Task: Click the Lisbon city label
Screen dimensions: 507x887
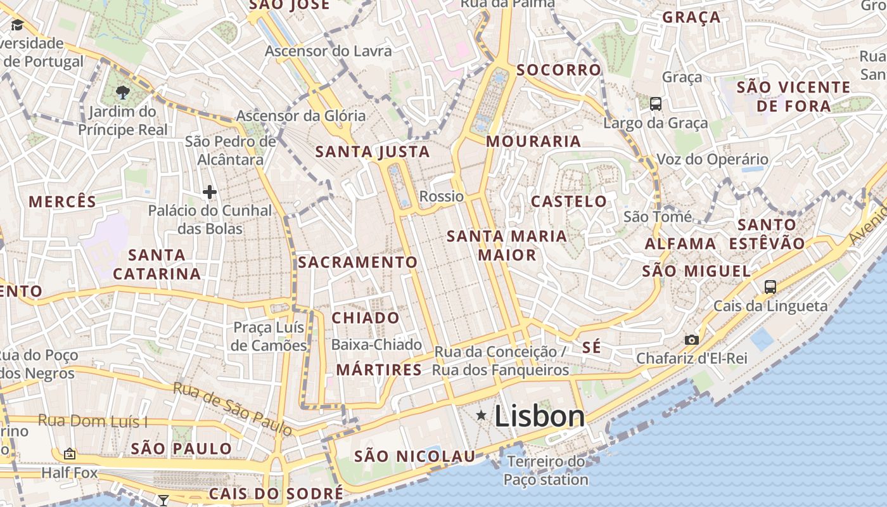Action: click(539, 416)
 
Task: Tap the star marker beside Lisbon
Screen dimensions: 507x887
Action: click(482, 415)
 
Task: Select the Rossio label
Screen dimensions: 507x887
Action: click(442, 196)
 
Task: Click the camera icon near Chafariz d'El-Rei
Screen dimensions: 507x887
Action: click(692, 340)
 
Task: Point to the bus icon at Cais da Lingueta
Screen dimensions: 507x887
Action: click(770, 286)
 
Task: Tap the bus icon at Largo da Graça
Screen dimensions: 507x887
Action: click(656, 103)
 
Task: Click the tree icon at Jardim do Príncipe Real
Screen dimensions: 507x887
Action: click(123, 93)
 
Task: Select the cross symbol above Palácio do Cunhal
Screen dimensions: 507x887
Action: click(210, 191)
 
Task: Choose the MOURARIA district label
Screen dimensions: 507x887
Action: click(533, 141)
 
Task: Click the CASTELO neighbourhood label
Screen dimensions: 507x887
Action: click(568, 202)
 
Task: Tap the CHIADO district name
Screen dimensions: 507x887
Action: click(366, 318)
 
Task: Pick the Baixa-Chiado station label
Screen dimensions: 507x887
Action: click(376, 345)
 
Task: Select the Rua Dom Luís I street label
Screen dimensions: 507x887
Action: click(93, 421)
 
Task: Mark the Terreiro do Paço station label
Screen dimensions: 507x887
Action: click(546, 470)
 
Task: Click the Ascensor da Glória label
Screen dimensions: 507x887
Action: click(301, 116)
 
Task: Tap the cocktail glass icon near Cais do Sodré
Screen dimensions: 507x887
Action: click(163, 501)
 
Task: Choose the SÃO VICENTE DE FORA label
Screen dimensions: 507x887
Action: click(794, 96)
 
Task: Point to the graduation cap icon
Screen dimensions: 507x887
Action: click(17, 25)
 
